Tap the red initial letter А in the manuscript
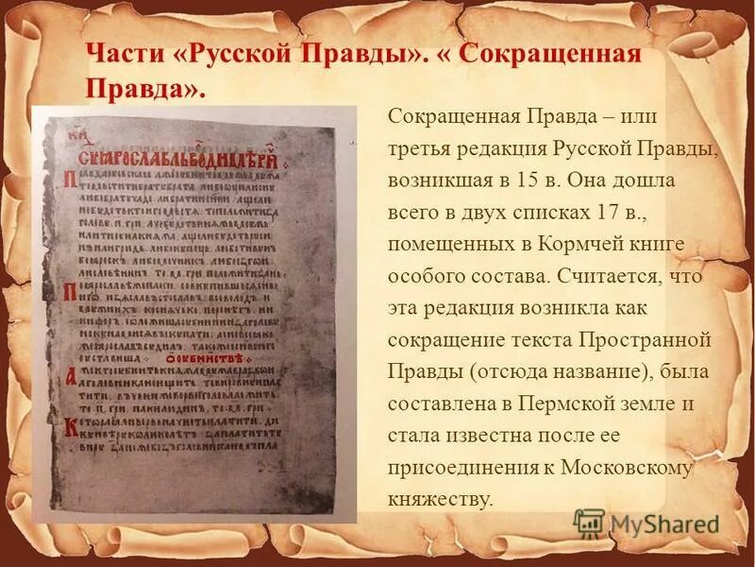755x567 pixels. (x=69, y=375)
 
